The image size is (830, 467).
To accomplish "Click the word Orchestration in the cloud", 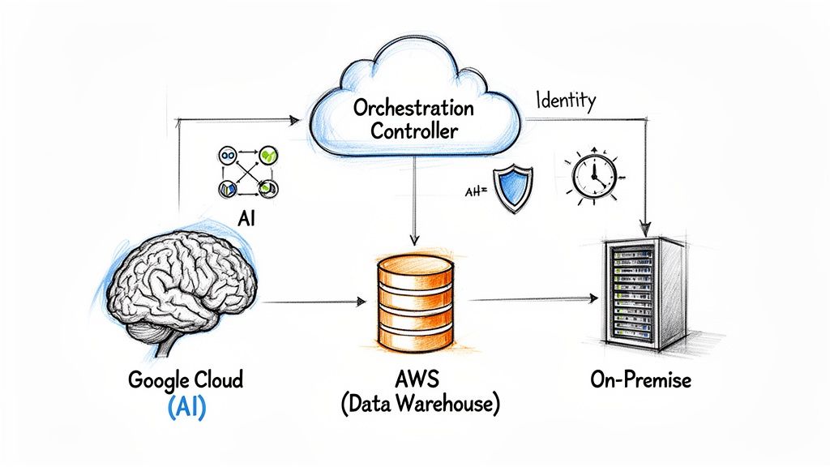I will (x=414, y=108).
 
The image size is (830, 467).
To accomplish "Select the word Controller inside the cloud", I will (x=414, y=131).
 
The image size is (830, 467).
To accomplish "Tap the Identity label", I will (x=566, y=101).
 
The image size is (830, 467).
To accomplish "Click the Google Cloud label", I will (x=184, y=380).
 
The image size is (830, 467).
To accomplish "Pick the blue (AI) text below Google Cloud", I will (x=186, y=407).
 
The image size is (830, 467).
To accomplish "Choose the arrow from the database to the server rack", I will (x=531, y=299).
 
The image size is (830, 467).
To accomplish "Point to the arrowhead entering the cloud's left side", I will (x=293, y=120).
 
